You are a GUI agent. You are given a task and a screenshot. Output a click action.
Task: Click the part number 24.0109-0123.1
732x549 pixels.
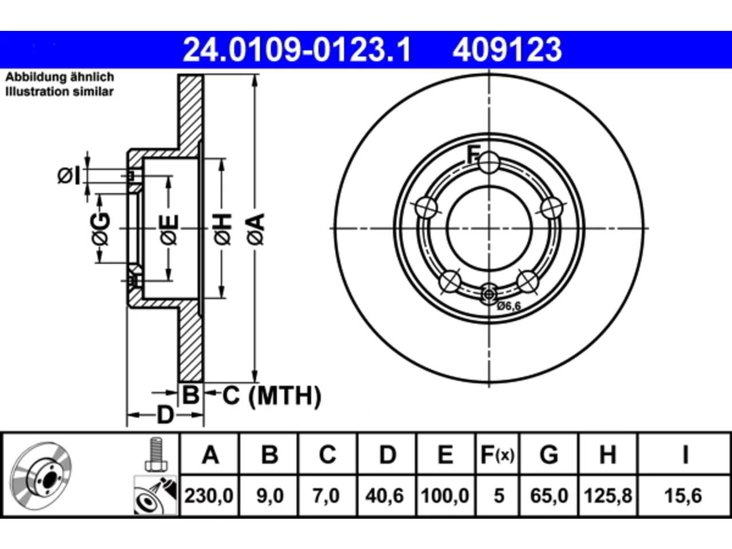[297, 50]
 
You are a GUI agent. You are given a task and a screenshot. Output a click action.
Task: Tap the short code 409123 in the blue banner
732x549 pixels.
[507, 50]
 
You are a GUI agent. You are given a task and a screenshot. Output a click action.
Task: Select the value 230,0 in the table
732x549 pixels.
[209, 495]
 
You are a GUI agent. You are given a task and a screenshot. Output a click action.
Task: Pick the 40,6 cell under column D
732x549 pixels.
[384, 495]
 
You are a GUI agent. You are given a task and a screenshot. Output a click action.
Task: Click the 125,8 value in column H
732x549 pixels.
[608, 495]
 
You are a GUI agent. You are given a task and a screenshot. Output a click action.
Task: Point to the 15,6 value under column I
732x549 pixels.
[683, 495]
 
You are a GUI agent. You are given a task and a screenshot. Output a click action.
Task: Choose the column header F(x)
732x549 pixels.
[498, 455]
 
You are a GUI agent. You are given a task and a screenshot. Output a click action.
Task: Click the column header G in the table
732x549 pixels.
[549, 455]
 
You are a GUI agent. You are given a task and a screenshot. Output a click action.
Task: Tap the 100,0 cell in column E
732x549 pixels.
[445, 495]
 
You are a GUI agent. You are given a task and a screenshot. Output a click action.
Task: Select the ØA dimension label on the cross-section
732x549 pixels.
[256, 229]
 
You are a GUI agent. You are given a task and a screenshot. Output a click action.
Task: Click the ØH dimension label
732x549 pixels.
[222, 229]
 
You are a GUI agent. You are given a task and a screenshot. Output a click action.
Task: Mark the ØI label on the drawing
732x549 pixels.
[69, 176]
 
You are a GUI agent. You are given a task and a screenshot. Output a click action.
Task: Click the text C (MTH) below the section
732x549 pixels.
[272, 396]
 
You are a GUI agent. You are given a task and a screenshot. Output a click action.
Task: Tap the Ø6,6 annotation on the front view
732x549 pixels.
[509, 306]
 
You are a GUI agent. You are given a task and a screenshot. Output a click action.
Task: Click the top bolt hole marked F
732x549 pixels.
[489, 162]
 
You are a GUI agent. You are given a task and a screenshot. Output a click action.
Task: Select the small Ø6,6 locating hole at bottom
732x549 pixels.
[489, 295]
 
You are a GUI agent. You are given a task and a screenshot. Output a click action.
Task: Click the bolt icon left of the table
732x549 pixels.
[156, 454]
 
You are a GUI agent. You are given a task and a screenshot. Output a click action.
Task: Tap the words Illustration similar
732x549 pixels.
[59, 91]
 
